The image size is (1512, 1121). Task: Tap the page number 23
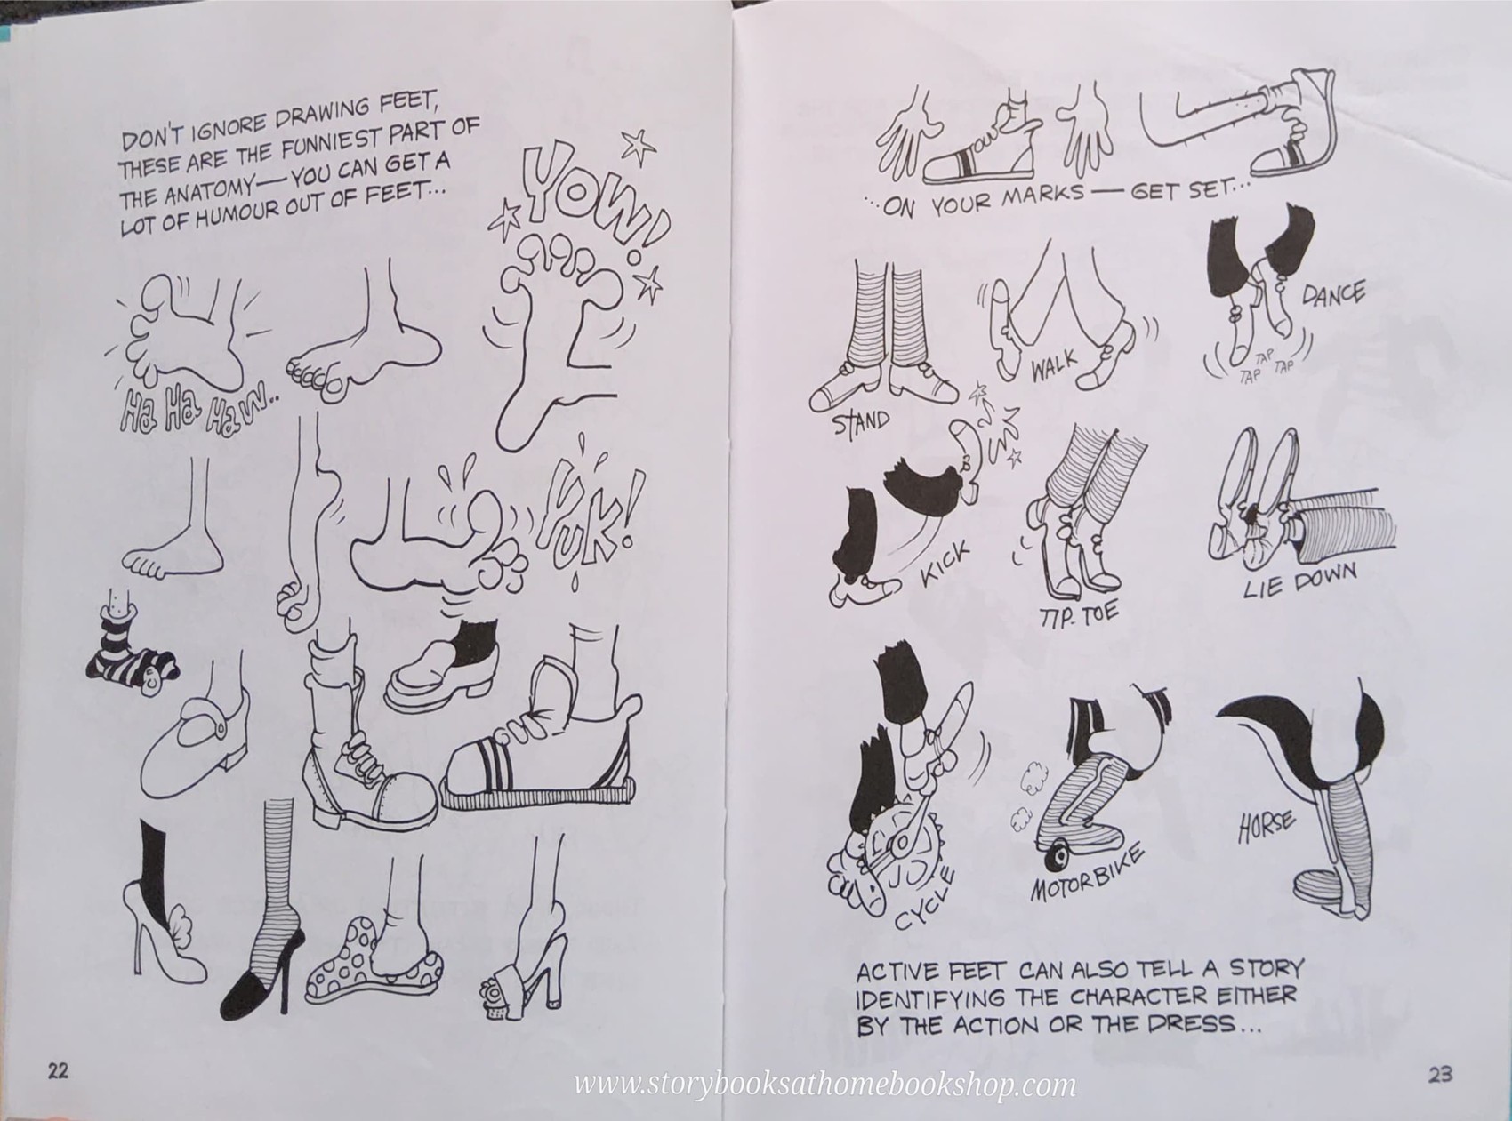tap(1440, 1075)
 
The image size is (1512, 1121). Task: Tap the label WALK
tap(1055, 364)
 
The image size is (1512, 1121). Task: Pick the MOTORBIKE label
tap(1087, 874)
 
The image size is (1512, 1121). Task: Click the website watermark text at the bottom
tap(824, 1085)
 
